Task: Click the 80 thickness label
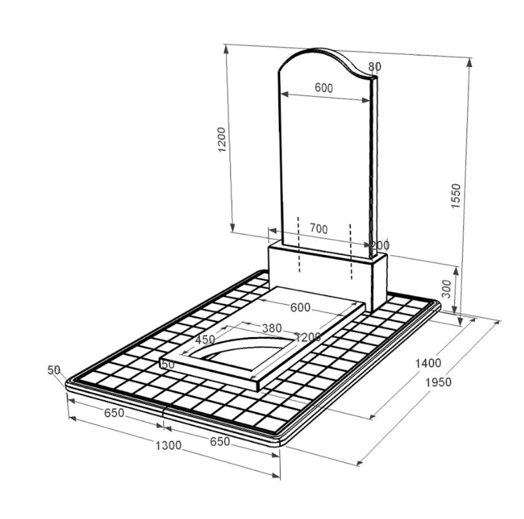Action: pyautogui.click(x=375, y=67)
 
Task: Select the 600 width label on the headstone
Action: pyautogui.click(x=324, y=88)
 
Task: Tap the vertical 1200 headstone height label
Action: pyautogui.click(x=222, y=139)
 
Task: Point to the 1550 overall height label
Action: pyautogui.click(x=456, y=196)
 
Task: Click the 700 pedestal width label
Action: pyautogui.click(x=319, y=229)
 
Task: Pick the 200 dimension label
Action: pyautogui.click(x=380, y=245)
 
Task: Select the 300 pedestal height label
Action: pyautogui.click(x=446, y=289)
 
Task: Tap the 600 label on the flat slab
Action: pyautogui.click(x=301, y=307)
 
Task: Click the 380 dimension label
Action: pyautogui.click(x=272, y=328)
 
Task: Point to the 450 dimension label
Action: pyautogui.click(x=205, y=340)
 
